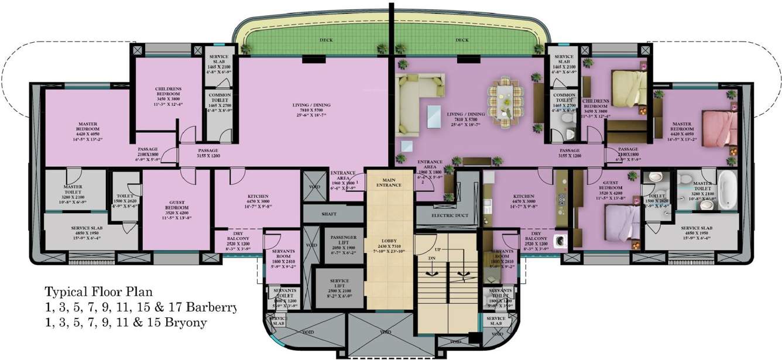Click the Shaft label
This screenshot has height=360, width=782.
pos(329,214)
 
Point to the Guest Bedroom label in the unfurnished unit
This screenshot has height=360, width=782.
pos(176,205)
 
